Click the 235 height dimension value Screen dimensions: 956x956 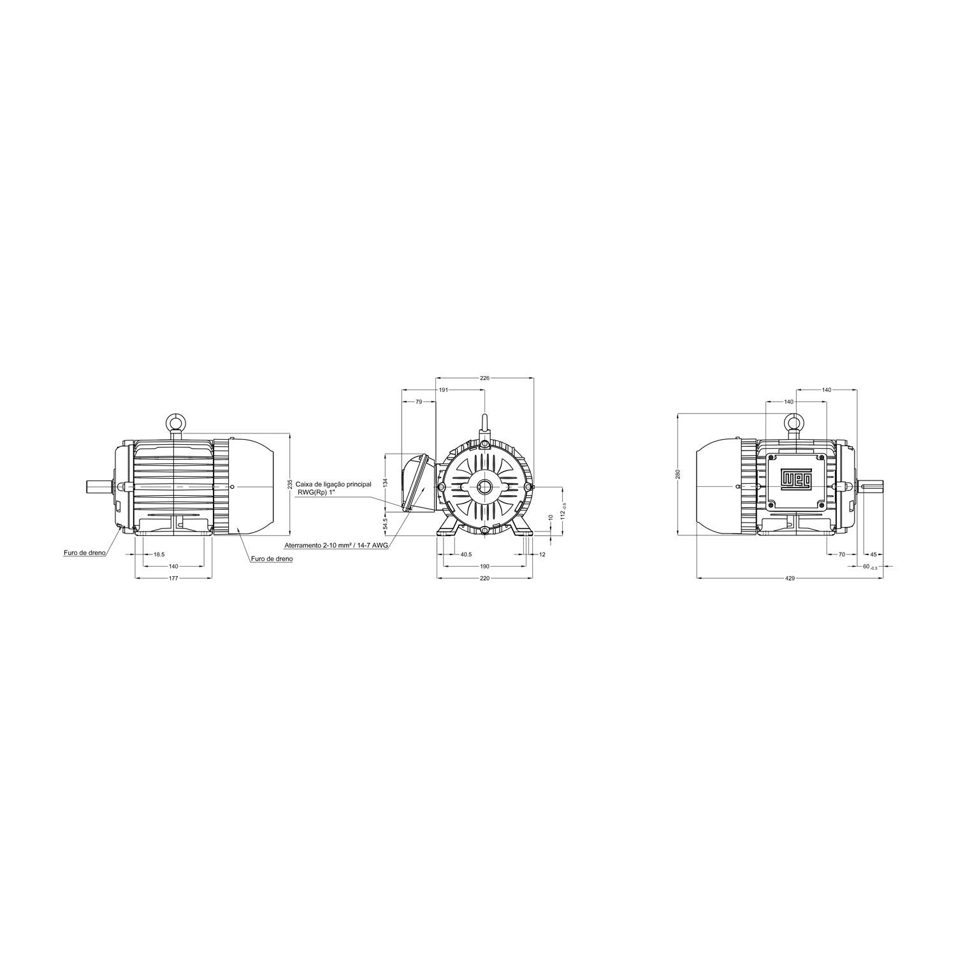pos(289,484)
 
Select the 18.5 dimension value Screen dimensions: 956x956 pos(159,554)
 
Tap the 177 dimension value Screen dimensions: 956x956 pos(173,578)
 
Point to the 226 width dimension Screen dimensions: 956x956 pos(484,378)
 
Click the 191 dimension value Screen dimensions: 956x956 pos(444,389)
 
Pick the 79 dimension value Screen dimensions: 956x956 pos(419,402)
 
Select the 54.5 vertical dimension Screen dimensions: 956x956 pos(385,523)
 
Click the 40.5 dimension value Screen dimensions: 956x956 pos(466,554)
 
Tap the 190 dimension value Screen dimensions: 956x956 pos(484,566)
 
